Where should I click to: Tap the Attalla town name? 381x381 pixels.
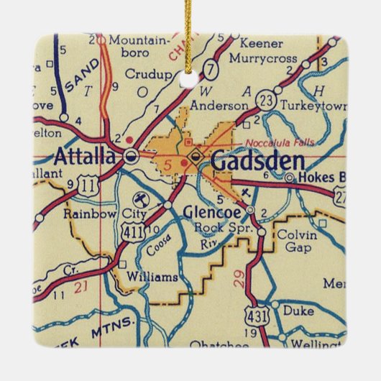(x=86, y=156)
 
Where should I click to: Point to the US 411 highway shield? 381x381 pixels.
(x=132, y=228)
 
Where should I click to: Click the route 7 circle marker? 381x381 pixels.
(x=211, y=70)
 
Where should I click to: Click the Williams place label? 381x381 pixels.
(x=152, y=276)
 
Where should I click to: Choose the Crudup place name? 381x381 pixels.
(x=148, y=73)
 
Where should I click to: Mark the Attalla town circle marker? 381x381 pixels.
(x=131, y=155)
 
